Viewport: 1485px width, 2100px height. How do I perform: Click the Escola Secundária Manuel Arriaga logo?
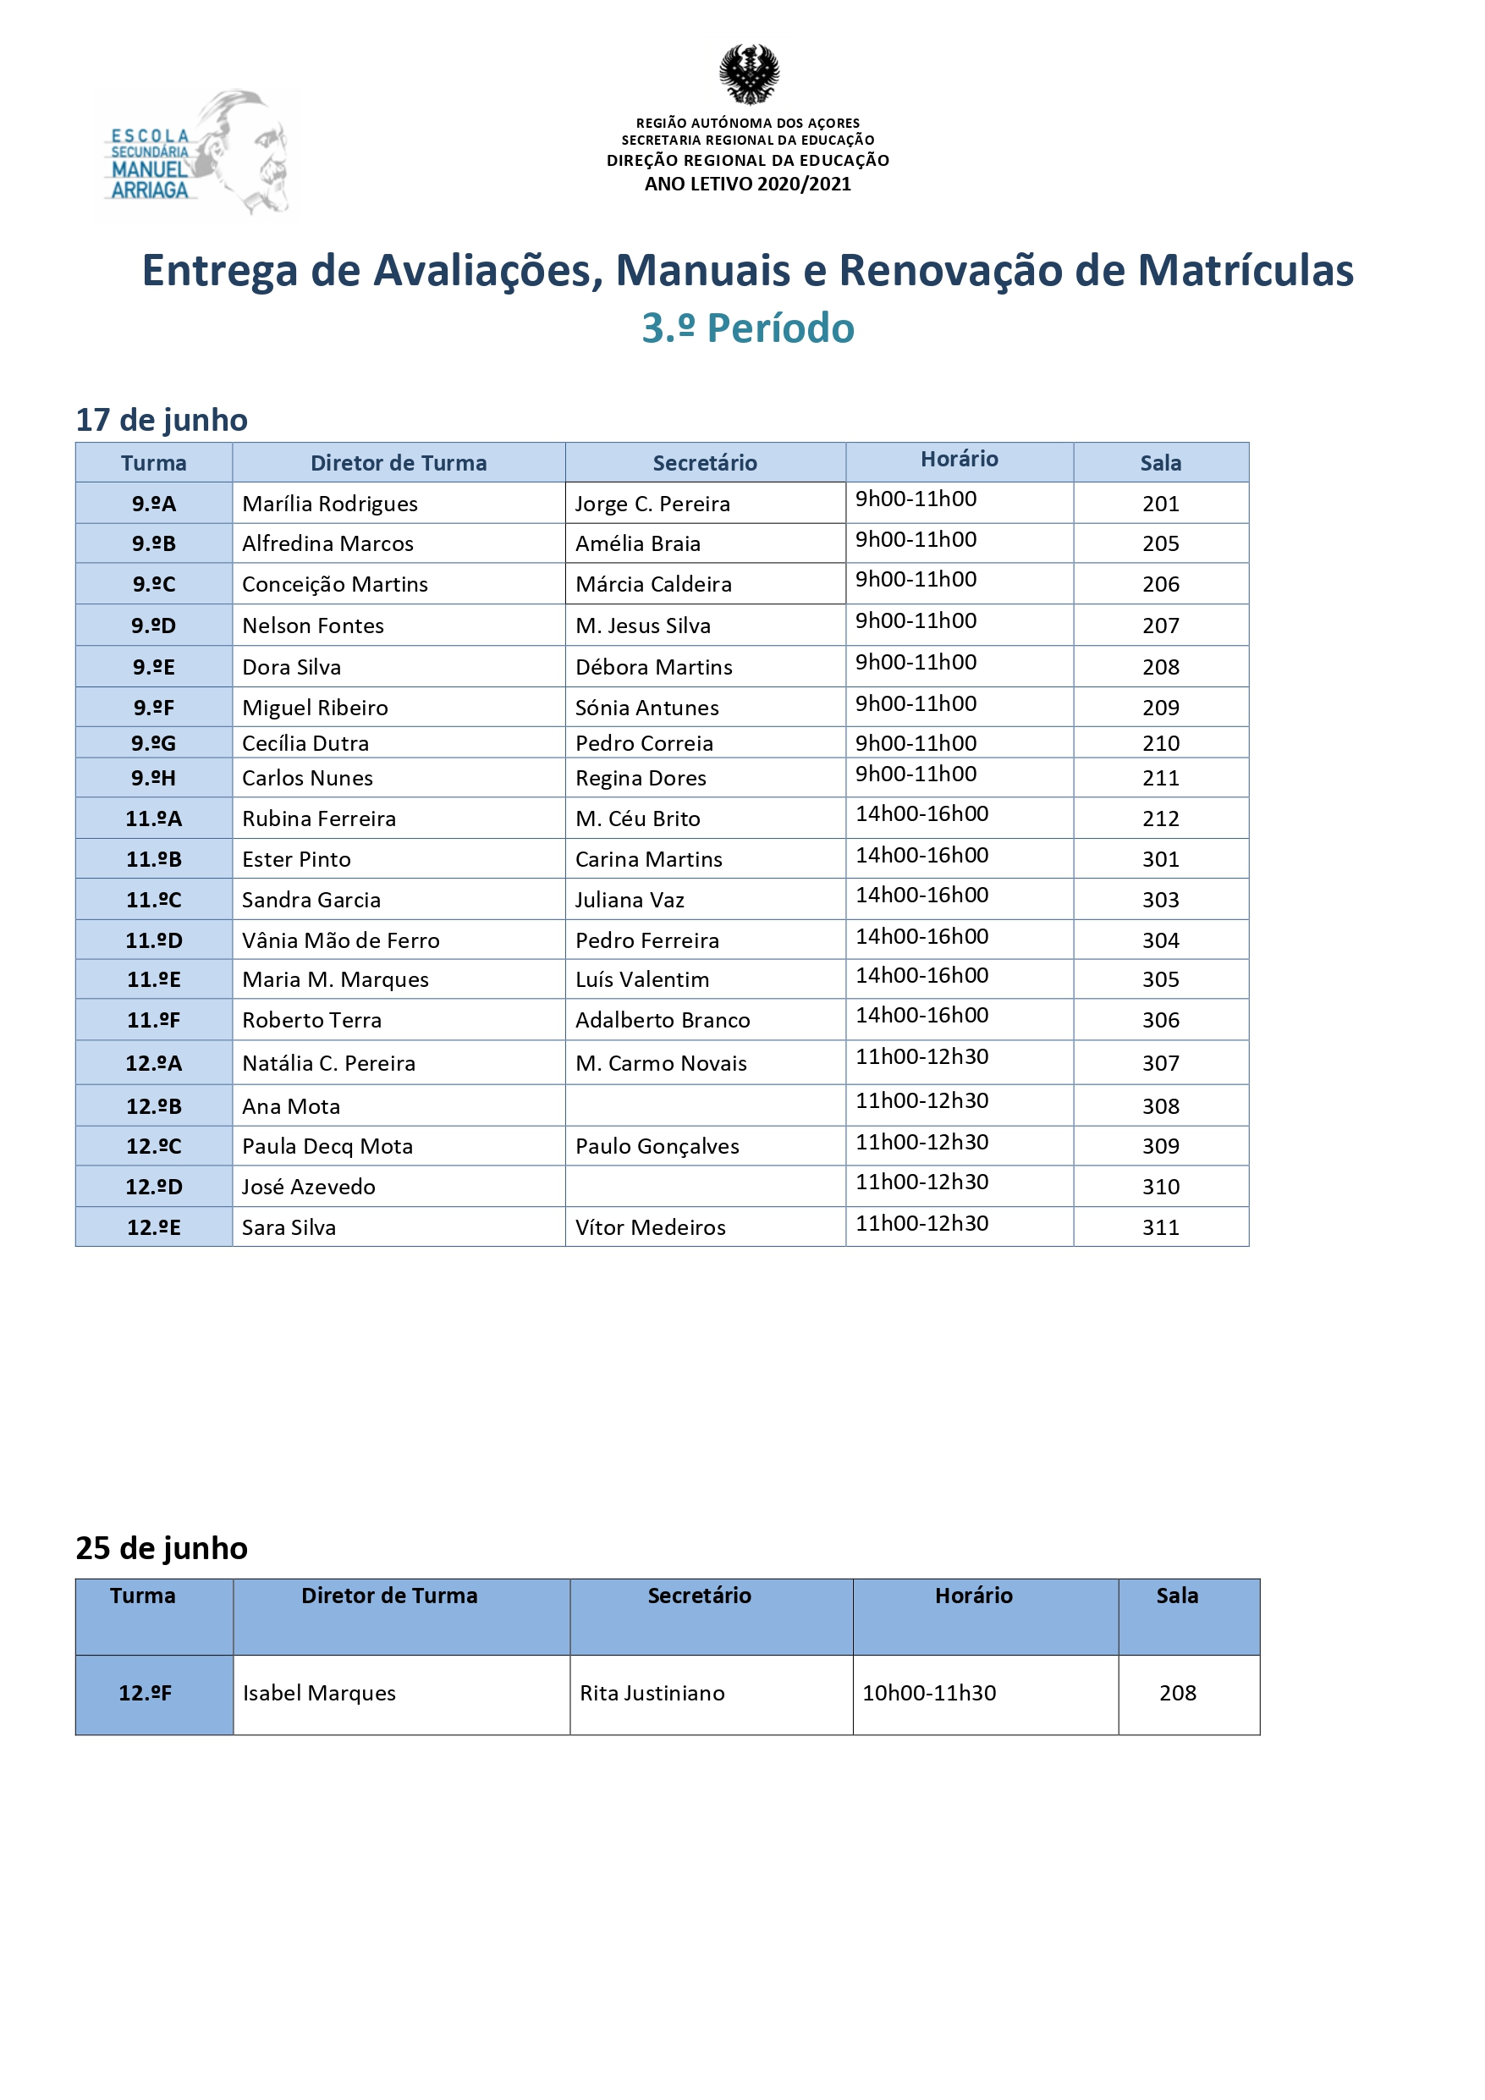[x=195, y=155]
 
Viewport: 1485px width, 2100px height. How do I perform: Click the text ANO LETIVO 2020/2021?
[x=747, y=184]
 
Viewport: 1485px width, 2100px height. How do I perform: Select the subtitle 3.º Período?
[x=747, y=328]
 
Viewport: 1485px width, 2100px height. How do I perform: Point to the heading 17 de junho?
[x=161, y=420]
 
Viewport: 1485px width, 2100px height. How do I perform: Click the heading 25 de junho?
[x=161, y=1547]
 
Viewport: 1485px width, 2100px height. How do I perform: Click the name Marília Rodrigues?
[x=329, y=503]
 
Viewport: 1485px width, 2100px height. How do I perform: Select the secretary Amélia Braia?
[x=637, y=543]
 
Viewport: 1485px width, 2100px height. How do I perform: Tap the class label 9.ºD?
[x=154, y=626]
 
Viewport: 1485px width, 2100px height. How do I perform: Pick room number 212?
[x=1160, y=819]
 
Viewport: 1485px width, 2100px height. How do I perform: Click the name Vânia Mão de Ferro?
[x=340, y=940]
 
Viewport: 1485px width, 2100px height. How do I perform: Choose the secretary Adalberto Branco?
[x=662, y=1020]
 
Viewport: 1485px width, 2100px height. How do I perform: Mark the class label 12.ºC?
[x=154, y=1146]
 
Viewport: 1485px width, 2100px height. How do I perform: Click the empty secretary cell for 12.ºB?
[x=704, y=1105]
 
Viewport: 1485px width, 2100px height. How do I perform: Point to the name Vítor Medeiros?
[x=650, y=1227]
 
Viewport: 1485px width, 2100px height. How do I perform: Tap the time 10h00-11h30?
[x=929, y=1693]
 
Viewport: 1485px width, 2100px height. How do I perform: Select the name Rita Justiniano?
[x=652, y=1693]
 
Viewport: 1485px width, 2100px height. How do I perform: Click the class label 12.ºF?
[x=146, y=1693]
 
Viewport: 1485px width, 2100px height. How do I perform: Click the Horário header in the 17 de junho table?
[x=959, y=459]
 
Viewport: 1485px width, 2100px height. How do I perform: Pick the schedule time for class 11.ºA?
[x=921, y=814]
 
